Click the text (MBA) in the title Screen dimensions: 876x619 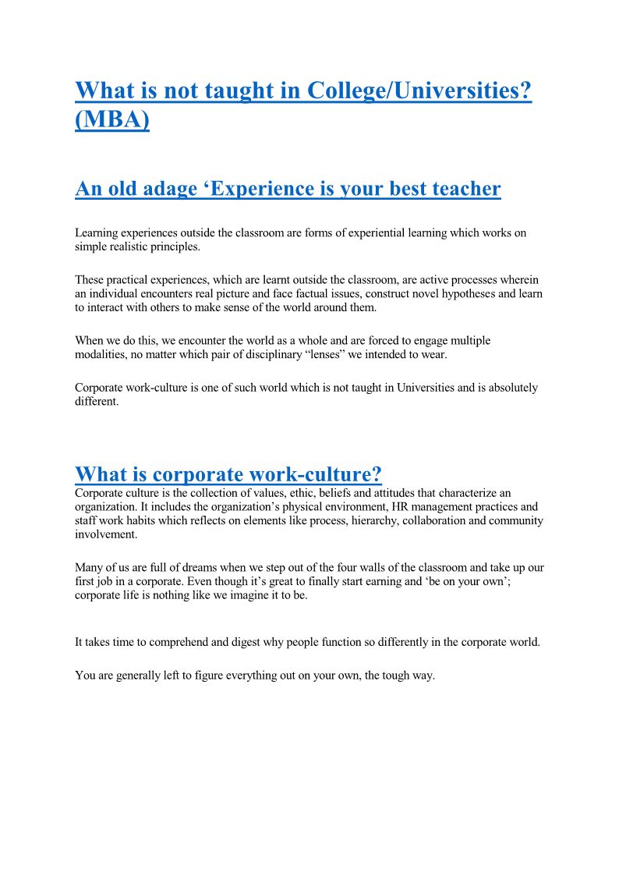(112, 121)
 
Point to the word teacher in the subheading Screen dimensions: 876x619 (460, 189)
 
